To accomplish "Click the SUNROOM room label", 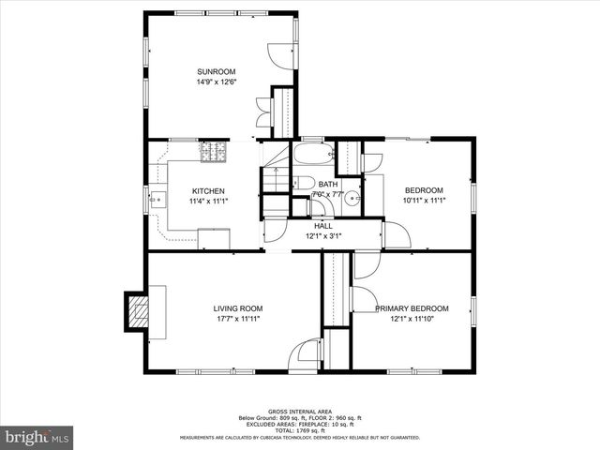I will pyautogui.click(x=216, y=72).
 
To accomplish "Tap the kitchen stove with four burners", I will pyautogui.click(x=213, y=152).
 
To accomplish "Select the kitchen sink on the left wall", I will pyautogui.click(x=156, y=199).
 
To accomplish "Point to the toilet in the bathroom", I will pyautogui.click(x=303, y=184).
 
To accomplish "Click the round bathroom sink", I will pyautogui.click(x=352, y=198).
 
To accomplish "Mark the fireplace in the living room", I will pyautogui.click(x=137, y=311).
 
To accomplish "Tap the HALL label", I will pyautogui.click(x=323, y=226).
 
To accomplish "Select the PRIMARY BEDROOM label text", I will pyautogui.click(x=412, y=308).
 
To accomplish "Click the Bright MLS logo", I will pyautogui.click(x=37, y=437).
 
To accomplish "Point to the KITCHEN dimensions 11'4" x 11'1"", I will pyautogui.click(x=208, y=201).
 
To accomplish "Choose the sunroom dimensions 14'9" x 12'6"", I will pyautogui.click(x=216, y=82).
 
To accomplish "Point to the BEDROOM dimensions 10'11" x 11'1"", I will pyautogui.click(x=423, y=201).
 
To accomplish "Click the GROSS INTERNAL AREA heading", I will pyautogui.click(x=299, y=412).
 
